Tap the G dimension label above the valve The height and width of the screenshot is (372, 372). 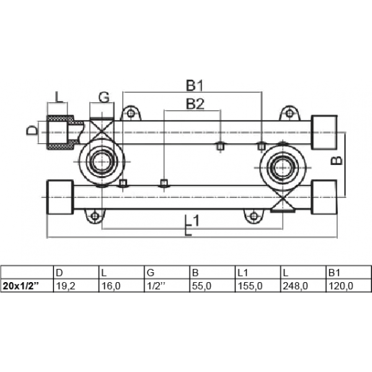[104, 97]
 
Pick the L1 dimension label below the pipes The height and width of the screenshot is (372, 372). [192, 220]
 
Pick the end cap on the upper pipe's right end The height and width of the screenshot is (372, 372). [324, 133]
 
